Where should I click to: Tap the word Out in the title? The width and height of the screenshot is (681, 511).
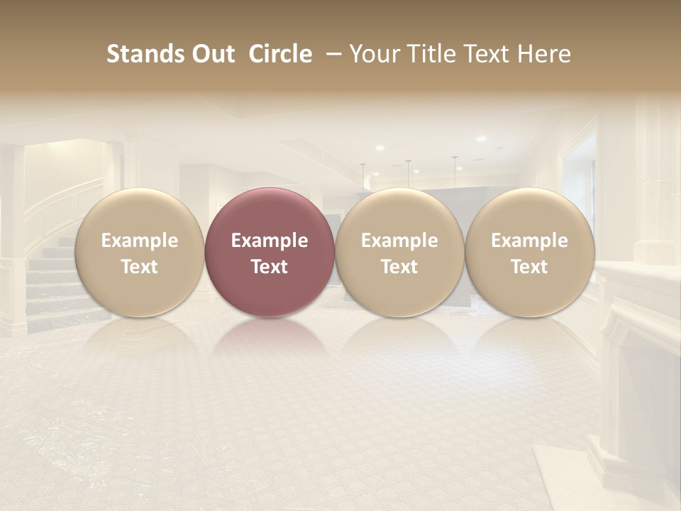[x=211, y=55]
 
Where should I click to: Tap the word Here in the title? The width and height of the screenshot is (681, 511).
[x=545, y=55]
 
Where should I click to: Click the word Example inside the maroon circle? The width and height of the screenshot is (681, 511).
[x=269, y=241]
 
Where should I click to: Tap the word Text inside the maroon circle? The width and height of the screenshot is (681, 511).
[x=269, y=267]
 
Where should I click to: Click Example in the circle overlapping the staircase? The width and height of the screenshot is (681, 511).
[x=139, y=241]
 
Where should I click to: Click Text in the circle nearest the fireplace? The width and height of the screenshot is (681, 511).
[x=529, y=267]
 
